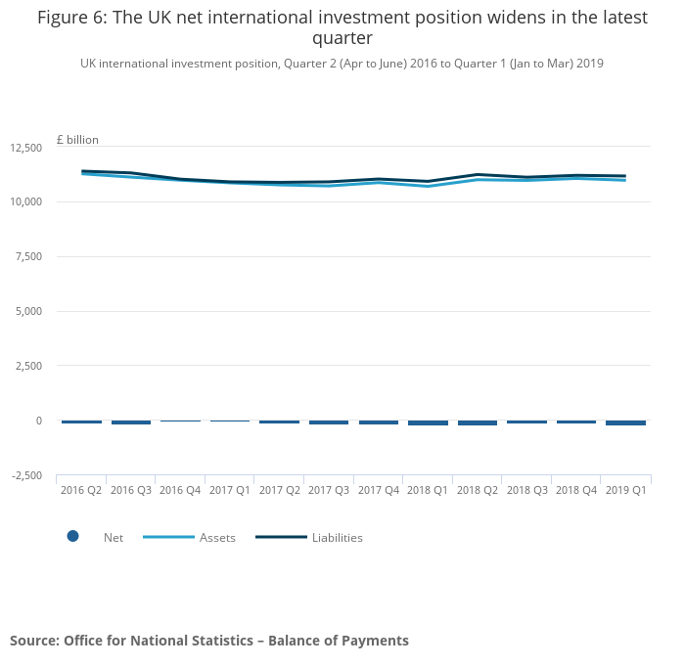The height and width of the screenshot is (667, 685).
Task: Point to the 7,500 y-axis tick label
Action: [28, 257]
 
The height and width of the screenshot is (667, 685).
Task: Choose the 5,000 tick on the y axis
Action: [28, 312]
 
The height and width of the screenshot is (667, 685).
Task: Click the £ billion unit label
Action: [77, 140]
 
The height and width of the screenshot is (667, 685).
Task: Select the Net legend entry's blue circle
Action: [72, 536]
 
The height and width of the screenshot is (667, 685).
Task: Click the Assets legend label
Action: [217, 538]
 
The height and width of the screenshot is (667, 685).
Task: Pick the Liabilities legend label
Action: [338, 538]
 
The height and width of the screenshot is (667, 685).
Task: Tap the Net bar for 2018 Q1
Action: [428, 423]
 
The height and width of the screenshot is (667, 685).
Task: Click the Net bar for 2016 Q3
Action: [131, 422]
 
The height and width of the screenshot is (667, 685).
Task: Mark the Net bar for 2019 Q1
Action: [625, 423]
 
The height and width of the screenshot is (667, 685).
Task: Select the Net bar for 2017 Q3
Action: [329, 422]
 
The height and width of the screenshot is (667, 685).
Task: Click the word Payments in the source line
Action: [373, 641]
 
